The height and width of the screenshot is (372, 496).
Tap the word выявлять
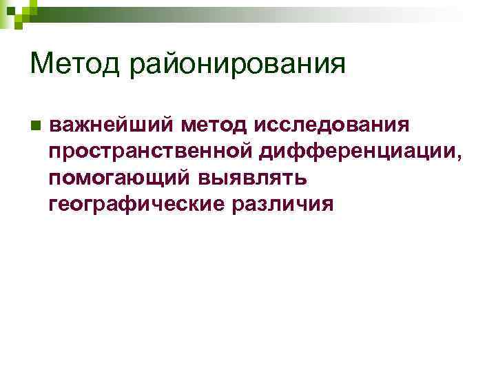point(252,178)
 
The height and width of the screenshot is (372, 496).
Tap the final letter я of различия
point(329,204)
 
